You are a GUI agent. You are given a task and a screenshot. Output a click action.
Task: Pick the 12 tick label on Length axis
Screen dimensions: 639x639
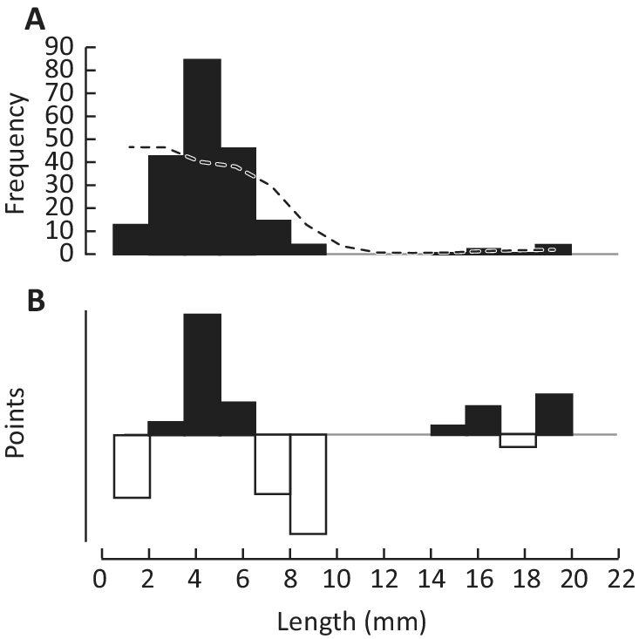pyautogui.click(x=384, y=580)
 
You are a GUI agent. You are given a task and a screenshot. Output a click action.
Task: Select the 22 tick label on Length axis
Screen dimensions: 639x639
pyautogui.click(x=618, y=580)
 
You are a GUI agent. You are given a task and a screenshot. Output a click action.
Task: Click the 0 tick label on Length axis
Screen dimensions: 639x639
pyautogui.click(x=102, y=580)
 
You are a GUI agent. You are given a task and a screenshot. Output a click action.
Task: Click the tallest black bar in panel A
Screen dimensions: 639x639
pyautogui.click(x=202, y=157)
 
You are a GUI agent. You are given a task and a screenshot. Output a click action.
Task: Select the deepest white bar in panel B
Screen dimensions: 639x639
pyautogui.click(x=308, y=484)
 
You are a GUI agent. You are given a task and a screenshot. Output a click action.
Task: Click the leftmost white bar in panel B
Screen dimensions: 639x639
pyautogui.click(x=133, y=466)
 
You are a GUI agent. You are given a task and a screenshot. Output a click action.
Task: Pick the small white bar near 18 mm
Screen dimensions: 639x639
pyautogui.click(x=518, y=440)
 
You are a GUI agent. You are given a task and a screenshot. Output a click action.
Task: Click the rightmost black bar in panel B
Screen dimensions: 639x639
pyautogui.click(x=554, y=414)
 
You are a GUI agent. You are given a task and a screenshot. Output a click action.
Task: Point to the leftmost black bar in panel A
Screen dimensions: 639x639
pyautogui.click(x=131, y=239)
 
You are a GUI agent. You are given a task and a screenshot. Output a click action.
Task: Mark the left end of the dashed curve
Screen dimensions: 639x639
pyautogui.click(x=129, y=146)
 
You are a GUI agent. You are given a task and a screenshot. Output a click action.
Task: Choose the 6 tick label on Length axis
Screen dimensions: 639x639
pyautogui.click(x=243, y=580)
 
